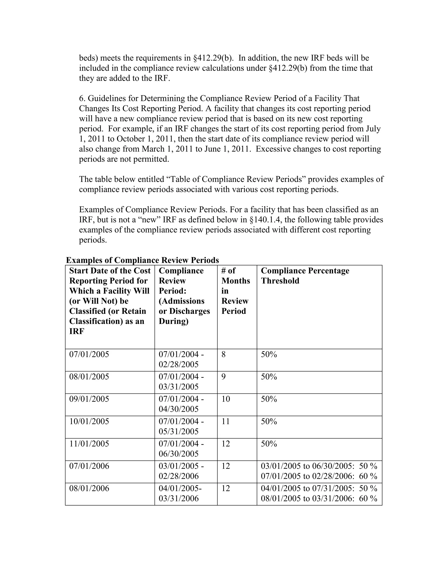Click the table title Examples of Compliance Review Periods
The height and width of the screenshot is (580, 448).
tap(143, 260)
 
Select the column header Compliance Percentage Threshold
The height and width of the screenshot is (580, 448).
tap(305, 276)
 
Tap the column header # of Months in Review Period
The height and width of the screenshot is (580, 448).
tap(235, 291)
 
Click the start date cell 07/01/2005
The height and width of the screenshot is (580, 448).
tap(89, 354)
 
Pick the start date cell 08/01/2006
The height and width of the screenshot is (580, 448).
tap(89, 488)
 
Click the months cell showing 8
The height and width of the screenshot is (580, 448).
tap(224, 354)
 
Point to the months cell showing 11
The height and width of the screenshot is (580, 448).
tap(226, 421)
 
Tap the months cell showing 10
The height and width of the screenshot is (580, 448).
tap(226, 399)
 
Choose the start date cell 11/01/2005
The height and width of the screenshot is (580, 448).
tap(89, 443)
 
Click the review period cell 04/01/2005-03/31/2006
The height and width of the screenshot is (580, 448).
tap(180, 493)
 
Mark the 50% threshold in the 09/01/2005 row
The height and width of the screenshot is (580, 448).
tap(269, 399)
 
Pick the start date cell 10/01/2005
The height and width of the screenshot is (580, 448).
tap(89, 421)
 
